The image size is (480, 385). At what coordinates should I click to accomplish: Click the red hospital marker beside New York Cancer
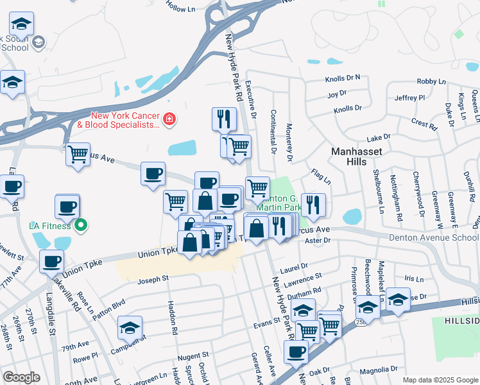point(169,119)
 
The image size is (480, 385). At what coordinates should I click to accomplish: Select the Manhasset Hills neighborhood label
point(357,156)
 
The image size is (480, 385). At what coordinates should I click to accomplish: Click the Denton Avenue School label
point(434,237)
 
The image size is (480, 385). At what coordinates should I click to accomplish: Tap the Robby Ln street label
point(431,81)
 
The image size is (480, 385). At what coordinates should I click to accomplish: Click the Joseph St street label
point(153,279)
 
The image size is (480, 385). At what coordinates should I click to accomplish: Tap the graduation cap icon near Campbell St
point(130,328)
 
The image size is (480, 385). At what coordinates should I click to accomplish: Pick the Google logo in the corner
point(21,377)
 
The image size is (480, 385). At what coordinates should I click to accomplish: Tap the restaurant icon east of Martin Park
point(313,204)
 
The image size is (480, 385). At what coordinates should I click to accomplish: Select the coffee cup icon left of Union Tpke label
point(51,261)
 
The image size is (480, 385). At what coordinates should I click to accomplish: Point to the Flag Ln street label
point(321,175)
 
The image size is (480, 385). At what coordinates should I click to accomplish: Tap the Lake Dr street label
point(378,138)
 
